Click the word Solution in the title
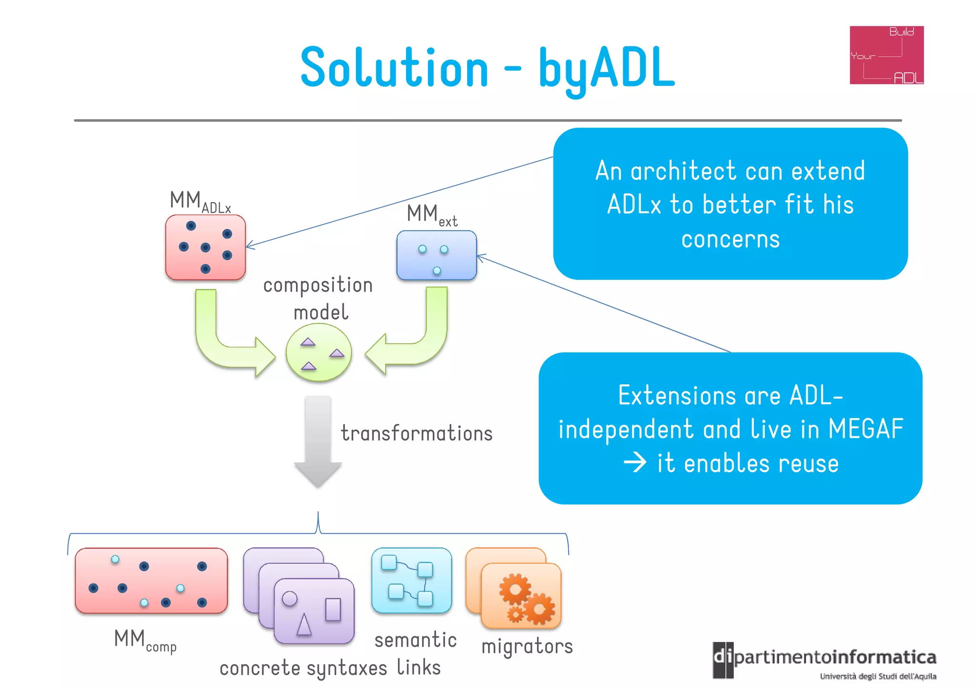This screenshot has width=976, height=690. [x=395, y=68]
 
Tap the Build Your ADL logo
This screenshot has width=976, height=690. [x=886, y=55]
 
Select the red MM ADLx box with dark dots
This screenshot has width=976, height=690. [x=205, y=247]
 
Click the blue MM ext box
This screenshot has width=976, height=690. [x=437, y=255]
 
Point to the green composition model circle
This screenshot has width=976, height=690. [x=319, y=352]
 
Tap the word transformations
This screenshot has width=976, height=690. [x=417, y=433]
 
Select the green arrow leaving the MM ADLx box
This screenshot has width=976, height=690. [x=224, y=343]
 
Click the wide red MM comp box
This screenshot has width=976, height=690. [x=151, y=580]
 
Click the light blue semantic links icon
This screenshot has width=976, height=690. [x=411, y=580]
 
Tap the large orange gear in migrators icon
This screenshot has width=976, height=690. [x=515, y=590]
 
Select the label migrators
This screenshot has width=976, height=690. [x=527, y=647]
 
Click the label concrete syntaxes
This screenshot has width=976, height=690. [x=303, y=669]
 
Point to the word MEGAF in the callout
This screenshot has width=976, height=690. [x=865, y=429]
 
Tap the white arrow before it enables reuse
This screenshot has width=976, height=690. [x=635, y=463]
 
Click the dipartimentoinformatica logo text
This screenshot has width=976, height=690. [x=834, y=658]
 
